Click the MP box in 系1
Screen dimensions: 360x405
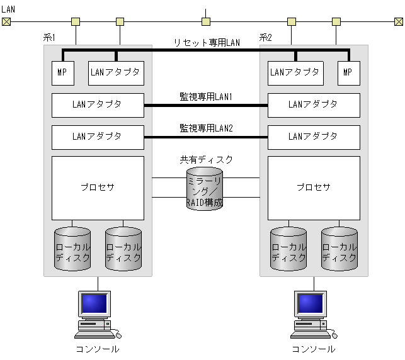[62, 72]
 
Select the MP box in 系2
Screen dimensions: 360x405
[348, 72]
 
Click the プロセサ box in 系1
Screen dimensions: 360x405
[98, 188]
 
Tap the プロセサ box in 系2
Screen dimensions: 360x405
[314, 188]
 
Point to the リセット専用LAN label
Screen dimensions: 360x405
[207, 42]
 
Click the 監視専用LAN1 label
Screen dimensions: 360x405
[207, 97]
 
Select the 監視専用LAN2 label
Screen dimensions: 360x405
[207, 128]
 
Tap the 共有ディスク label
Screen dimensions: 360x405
[207, 160]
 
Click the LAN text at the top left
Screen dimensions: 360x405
[8, 9]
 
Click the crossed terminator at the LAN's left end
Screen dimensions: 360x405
[6, 22]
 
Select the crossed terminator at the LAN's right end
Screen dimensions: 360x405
[397, 22]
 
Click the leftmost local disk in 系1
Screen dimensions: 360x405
[72, 249]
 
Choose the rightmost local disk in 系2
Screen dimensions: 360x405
[339, 249]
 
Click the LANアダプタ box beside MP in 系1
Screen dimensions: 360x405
[116, 72]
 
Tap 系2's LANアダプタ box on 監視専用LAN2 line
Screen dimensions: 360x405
[314, 137]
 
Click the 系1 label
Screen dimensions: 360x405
[50, 38]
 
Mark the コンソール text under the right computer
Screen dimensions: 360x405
[314, 349]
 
